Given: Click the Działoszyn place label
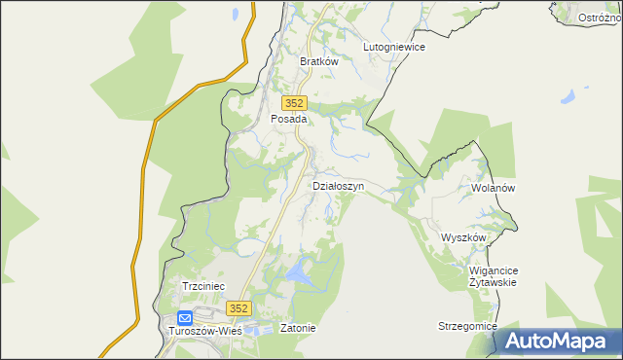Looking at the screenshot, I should [x=339, y=185].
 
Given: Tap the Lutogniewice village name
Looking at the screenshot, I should [x=394, y=46].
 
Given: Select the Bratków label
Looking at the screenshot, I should [x=318, y=60].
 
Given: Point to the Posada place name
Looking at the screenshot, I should [x=288, y=119].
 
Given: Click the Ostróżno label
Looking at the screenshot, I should [x=601, y=18].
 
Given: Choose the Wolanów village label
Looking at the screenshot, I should [x=492, y=187].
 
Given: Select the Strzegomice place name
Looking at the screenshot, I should [x=467, y=326].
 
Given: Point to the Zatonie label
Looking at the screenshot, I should [x=298, y=328].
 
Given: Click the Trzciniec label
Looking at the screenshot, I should [x=203, y=286].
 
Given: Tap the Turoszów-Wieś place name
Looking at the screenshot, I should [x=205, y=330].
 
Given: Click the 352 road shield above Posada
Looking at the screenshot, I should [x=295, y=103].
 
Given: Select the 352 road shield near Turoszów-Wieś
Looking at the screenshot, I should [x=239, y=307].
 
